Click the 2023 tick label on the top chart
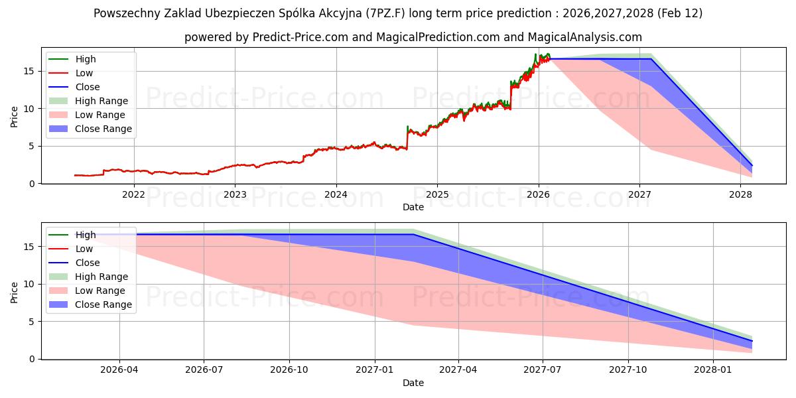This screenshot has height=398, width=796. coord(235,194)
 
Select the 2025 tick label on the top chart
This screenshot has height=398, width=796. coord(437,194)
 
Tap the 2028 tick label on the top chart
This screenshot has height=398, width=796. coord(740,194)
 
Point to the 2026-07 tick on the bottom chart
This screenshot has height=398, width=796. coord(204,369)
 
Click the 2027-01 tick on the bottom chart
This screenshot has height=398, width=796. coord(375,369)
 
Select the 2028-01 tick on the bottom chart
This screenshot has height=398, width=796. coord(713,369)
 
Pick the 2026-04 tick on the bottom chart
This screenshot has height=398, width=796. coord(119,369)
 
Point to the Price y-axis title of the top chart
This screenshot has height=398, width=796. coord(14,117)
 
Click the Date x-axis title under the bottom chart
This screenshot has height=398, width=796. coord(413,383)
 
